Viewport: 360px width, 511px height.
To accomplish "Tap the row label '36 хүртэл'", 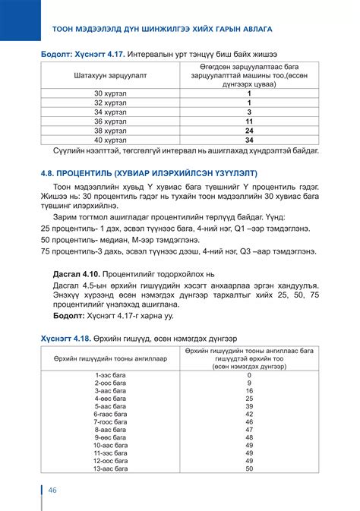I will [x=109, y=121].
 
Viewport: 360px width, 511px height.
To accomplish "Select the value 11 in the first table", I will [x=248, y=121].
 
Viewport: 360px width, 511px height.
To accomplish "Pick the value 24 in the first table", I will [x=248, y=130].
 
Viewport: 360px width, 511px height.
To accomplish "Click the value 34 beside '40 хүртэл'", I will [x=248, y=140].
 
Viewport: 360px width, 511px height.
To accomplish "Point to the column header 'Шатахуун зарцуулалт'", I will [x=109, y=77].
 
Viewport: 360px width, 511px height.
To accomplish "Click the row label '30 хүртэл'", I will [x=109, y=93].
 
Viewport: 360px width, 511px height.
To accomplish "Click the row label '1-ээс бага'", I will [x=110, y=374].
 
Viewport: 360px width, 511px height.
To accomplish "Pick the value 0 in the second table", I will [x=249, y=374].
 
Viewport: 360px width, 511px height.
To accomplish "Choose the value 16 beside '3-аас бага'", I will [x=249, y=390].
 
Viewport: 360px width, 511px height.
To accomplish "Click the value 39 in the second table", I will [x=249, y=406].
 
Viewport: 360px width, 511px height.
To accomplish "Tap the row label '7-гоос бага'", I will [x=110, y=421].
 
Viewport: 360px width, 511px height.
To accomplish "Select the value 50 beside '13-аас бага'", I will [x=249, y=468].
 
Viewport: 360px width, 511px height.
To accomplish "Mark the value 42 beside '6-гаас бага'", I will [x=249, y=414].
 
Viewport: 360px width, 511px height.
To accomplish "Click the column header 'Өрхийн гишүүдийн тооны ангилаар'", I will [x=110, y=357].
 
